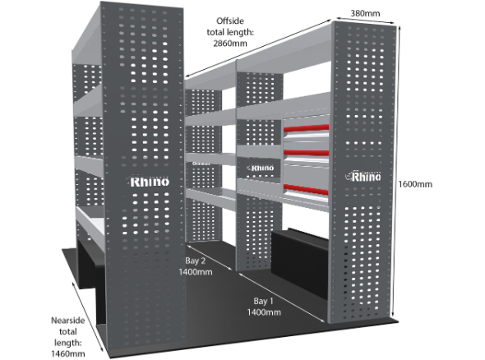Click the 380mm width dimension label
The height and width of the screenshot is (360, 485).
[365, 13]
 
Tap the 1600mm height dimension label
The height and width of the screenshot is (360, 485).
[415, 184]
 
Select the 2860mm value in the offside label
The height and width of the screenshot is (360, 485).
[230, 44]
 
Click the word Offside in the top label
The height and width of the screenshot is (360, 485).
[230, 21]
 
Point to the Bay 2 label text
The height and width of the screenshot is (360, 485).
[195, 261]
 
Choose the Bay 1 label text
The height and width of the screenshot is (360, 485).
[264, 301]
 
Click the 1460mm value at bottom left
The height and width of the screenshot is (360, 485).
[67, 353]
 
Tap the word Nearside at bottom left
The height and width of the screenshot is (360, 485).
[67, 320]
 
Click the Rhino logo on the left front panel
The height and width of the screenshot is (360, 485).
[149, 182]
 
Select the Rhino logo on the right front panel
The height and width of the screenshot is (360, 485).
[363, 177]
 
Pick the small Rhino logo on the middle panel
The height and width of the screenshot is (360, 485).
[261, 168]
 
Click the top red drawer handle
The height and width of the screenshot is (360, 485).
[307, 127]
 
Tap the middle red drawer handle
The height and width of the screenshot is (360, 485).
[307, 153]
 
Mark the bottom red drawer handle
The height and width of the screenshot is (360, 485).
[306, 190]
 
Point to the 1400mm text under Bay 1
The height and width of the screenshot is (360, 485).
[264, 312]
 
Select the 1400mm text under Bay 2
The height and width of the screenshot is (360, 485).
[196, 272]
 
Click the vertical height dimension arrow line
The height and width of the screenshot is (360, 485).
[396, 171]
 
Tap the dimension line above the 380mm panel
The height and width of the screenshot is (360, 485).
[365, 19]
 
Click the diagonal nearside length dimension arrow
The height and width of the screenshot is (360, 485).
[87, 312]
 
